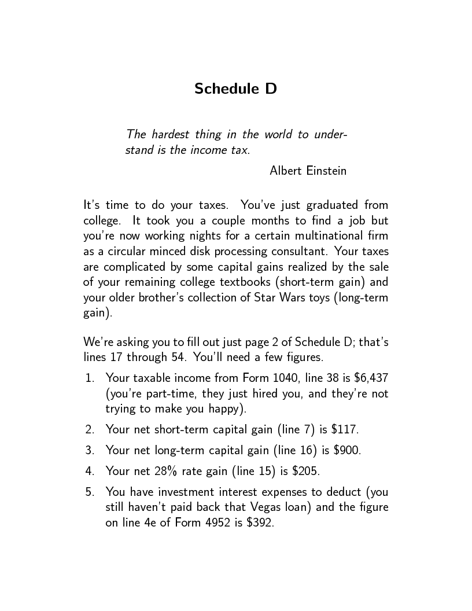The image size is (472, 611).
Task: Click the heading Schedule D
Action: [235, 89]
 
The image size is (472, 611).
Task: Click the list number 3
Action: [90, 450]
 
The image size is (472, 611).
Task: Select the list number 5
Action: [90, 492]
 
